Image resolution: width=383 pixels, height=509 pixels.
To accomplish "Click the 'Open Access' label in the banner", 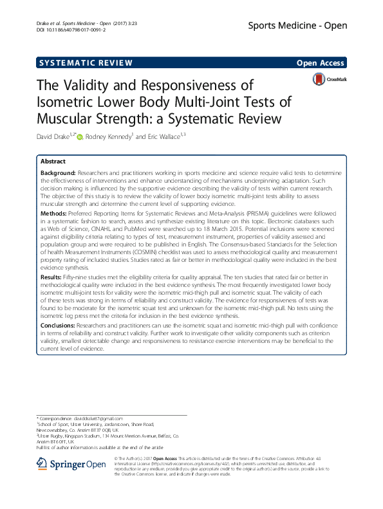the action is pyautogui.click(x=321, y=62).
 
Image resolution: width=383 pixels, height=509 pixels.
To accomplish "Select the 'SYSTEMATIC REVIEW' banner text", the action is pyautogui.click(x=86, y=62).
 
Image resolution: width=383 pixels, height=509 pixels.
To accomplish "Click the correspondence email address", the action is pyautogui.click(x=97, y=419).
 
